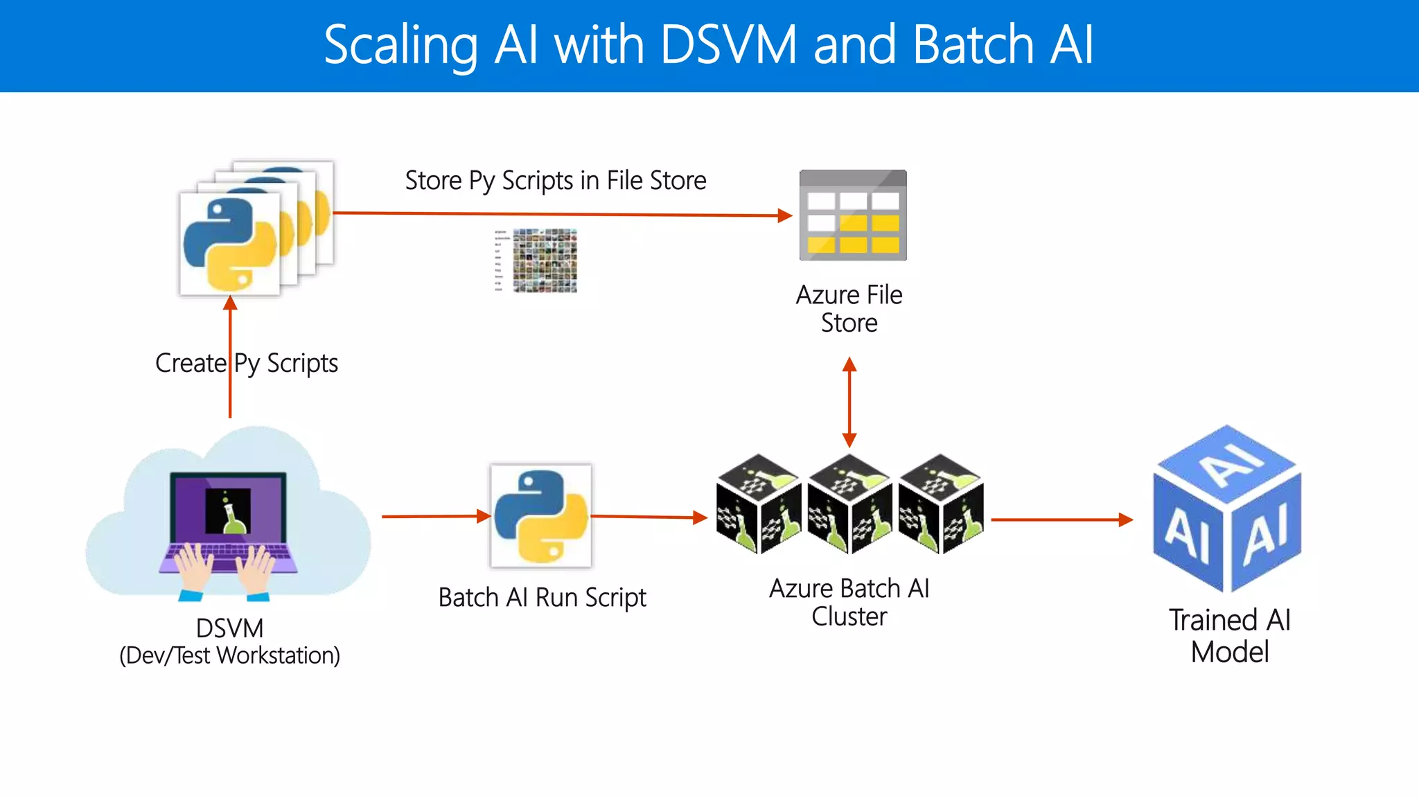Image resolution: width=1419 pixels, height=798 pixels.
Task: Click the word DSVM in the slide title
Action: pos(728,46)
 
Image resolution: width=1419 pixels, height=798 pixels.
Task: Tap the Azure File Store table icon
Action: pos(853,215)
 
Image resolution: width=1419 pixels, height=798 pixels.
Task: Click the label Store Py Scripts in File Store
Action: pos(555,181)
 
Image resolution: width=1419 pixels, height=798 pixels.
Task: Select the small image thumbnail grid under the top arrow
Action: pos(545,260)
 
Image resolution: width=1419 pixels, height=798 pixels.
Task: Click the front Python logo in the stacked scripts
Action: pos(229,245)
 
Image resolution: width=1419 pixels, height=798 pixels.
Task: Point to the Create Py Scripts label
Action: pos(247,364)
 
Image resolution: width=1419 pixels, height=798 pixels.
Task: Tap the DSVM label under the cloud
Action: pos(229,628)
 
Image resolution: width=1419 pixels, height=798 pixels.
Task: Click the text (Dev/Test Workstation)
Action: pos(229,655)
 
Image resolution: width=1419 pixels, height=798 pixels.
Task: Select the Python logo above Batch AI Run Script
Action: pos(541,516)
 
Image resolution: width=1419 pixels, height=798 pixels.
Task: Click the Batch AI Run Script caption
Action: pos(542,598)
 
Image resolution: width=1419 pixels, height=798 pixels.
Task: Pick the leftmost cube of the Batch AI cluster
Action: pos(758,504)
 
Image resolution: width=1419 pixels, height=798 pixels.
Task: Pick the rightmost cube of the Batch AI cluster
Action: pos(940,504)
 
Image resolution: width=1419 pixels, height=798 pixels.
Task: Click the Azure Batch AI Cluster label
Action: pos(849,602)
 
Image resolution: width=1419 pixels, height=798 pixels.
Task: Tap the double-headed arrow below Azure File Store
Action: pos(849,402)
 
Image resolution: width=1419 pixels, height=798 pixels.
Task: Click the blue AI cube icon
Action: pos(1227,509)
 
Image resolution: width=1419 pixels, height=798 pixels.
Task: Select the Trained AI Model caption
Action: pos(1230,636)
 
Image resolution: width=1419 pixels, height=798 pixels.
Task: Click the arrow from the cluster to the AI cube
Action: pos(1060,520)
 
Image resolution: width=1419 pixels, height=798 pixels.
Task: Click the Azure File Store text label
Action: pos(849,309)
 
